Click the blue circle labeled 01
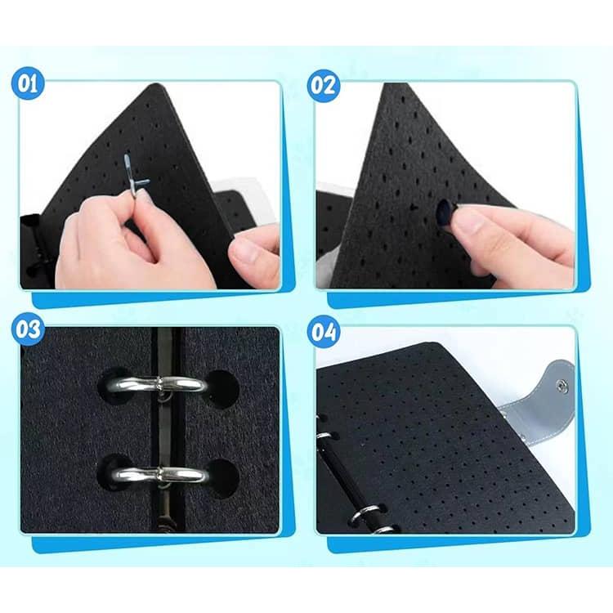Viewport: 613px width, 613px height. pos(28,83)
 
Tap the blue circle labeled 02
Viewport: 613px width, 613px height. pos(324,86)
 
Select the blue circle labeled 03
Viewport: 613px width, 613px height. pos(28,329)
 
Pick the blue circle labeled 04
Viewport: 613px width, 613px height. pos(324,333)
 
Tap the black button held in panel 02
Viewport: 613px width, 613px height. pos(444,213)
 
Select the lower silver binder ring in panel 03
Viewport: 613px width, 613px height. pos(160,475)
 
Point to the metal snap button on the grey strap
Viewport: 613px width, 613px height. pos(562,387)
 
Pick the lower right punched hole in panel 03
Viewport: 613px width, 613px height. pos(221,478)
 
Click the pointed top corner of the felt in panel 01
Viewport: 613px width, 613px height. pos(158,84)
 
